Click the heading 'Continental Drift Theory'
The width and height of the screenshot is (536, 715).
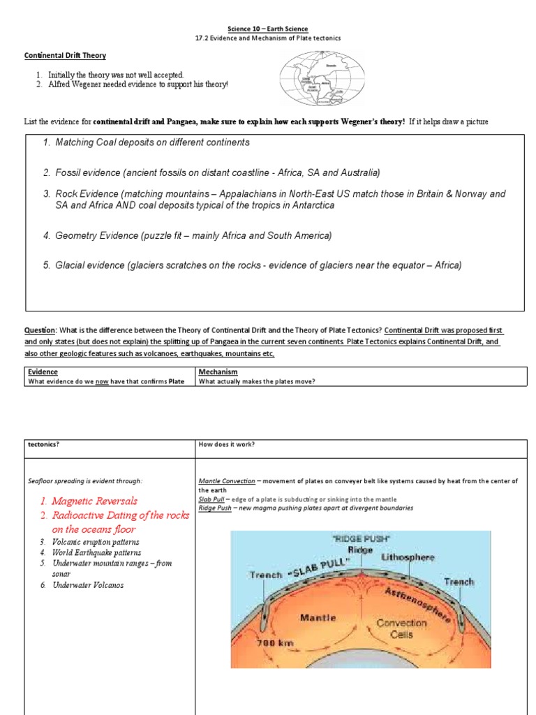(x=65, y=54)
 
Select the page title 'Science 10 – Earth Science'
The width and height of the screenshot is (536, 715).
(x=267, y=29)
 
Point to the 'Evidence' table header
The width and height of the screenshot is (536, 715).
(x=43, y=373)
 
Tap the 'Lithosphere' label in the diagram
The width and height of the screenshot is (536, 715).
(x=408, y=557)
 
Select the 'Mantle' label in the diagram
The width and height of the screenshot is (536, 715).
(x=318, y=617)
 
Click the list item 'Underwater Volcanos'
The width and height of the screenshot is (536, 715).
(x=88, y=585)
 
